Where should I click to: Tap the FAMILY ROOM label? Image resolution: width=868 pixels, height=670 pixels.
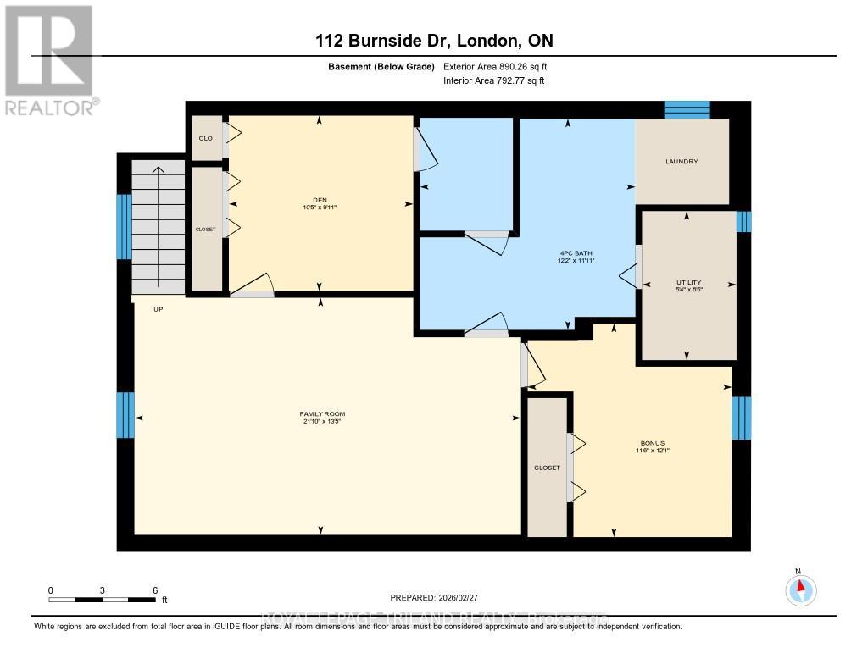[322, 413]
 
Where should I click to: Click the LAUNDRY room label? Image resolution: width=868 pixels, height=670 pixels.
[682, 161]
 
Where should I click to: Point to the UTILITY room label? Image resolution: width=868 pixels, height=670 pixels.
[688, 281]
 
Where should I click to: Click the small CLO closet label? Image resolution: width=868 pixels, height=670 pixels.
[205, 138]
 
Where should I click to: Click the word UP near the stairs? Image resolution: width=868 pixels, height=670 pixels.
[158, 309]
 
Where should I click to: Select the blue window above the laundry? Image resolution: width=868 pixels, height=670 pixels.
[686, 109]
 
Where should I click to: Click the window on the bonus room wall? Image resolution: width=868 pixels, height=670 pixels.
[741, 418]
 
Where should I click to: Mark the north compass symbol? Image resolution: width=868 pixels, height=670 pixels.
[800, 588]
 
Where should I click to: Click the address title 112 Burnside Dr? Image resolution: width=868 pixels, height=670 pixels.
[434, 41]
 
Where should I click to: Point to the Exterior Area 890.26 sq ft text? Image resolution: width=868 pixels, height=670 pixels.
[501, 66]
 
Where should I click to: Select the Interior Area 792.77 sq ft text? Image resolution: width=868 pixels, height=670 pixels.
[494, 81]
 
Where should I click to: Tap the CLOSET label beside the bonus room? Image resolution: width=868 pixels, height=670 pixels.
[547, 468]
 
